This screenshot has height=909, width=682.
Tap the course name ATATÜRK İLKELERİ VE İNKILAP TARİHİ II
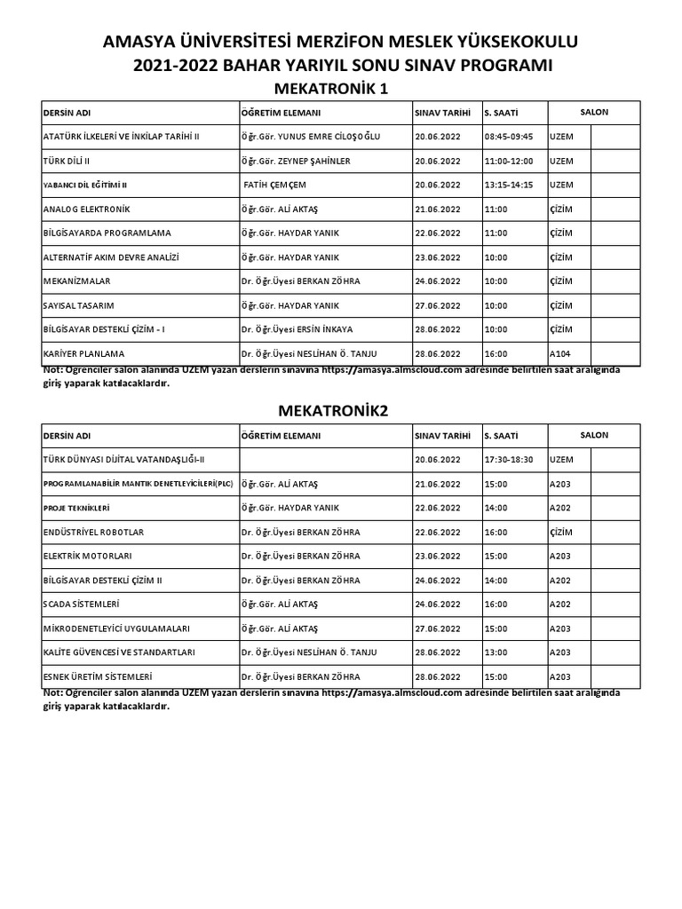click(122, 137)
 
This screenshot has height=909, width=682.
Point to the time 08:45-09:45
click(509, 137)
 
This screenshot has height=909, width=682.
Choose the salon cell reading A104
click(561, 353)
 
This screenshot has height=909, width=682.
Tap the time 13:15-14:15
click(509, 185)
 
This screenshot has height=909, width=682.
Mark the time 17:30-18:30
click(509, 459)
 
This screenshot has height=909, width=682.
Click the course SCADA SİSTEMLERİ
click(81, 604)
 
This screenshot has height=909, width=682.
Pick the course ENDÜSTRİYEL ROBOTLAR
click(93, 532)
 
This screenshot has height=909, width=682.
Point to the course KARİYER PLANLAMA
click(86, 353)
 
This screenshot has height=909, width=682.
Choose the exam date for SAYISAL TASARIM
click(438, 305)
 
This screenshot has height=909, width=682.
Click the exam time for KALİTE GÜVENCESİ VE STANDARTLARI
click(496, 652)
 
